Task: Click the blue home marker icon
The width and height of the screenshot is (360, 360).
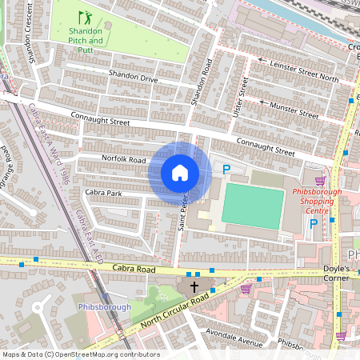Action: [x=180, y=173]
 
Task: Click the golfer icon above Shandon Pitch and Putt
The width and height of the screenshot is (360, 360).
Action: [x=84, y=18]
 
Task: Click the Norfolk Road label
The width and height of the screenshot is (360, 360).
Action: [x=123, y=159]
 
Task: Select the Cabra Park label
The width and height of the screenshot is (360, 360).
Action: [x=103, y=193]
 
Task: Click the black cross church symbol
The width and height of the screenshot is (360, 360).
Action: [x=194, y=286]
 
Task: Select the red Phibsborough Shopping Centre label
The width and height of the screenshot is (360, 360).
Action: [x=317, y=197]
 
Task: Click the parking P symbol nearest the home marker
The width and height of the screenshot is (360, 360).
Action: [x=226, y=169]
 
